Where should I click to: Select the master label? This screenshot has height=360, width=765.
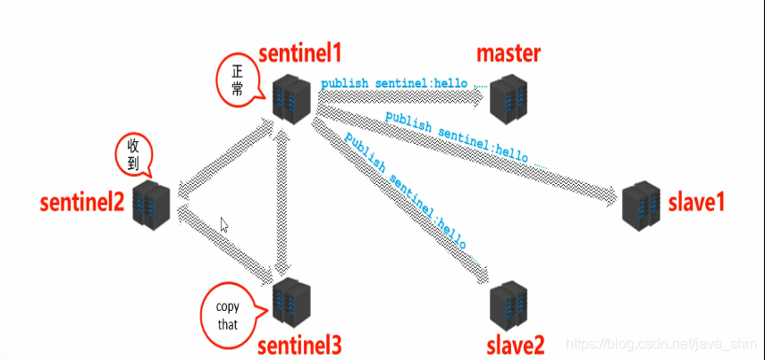click(x=509, y=54)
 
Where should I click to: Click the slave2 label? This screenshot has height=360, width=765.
click(x=516, y=343)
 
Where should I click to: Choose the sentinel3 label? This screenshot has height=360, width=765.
click(x=298, y=344)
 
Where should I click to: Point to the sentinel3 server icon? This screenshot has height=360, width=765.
click(x=291, y=301)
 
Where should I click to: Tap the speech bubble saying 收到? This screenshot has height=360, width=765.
click(x=135, y=154)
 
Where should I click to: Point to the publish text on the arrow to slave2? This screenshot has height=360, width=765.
click(x=408, y=193)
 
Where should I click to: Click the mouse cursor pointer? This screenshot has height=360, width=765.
click(x=224, y=224)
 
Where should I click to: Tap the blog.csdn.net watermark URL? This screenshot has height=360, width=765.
click(x=661, y=343)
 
